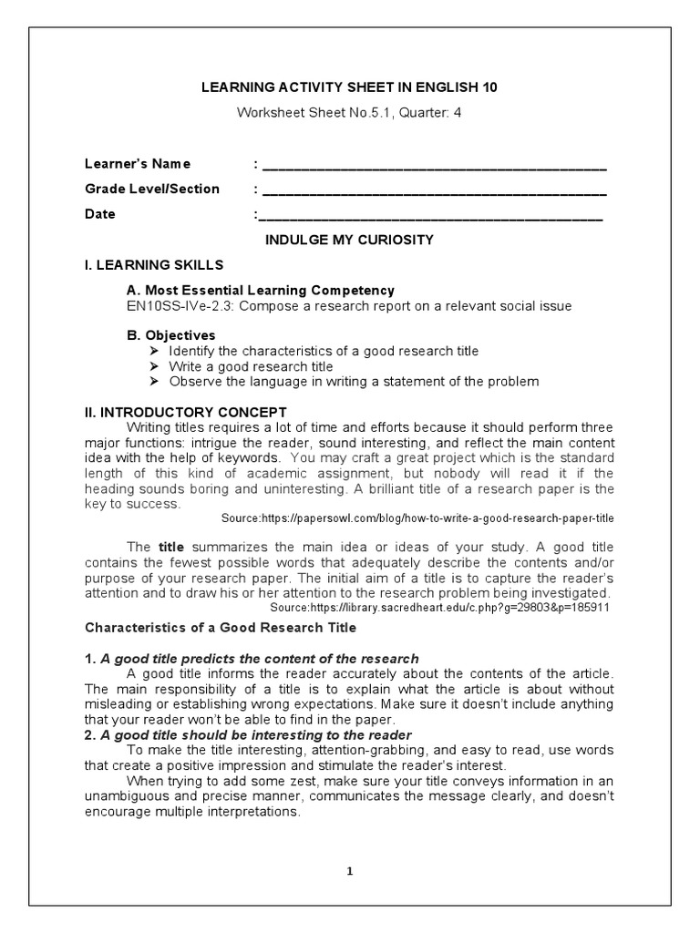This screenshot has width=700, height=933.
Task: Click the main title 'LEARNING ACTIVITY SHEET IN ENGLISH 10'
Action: click(349, 87)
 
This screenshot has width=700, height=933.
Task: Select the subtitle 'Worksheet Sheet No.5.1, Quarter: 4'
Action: click(349, 112)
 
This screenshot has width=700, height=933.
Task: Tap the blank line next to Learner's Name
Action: click(434, 166)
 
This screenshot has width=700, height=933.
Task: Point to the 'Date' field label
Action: click(100, 214)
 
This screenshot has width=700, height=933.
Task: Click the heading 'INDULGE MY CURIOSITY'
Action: click(349, 240)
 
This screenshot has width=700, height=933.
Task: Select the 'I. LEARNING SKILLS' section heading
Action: click(153, 264)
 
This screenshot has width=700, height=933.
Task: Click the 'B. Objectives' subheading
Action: click(171, 335)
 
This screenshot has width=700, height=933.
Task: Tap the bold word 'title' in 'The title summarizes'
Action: click(171, 547)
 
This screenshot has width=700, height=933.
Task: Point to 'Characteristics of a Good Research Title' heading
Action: click(221, 628)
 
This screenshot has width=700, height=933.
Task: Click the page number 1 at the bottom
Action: click(349, 871)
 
